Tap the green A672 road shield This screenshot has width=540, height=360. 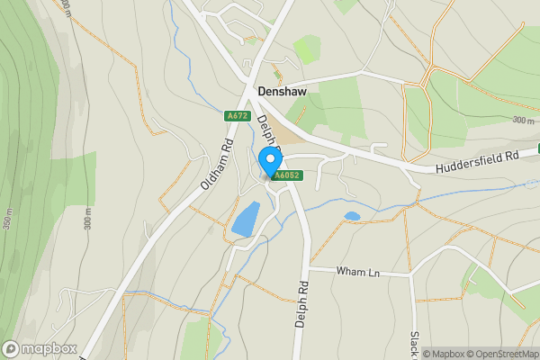coord(236,116)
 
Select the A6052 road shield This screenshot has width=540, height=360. coord(286,175)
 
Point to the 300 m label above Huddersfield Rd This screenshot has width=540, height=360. coord(523,120)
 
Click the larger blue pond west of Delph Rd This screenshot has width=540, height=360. coord(245,220)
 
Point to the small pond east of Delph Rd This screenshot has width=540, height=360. coord(352,216)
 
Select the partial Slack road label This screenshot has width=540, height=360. coord(415,343)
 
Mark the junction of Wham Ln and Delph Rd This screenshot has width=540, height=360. coord(309,267)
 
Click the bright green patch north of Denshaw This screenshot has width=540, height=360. coord(306,49)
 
